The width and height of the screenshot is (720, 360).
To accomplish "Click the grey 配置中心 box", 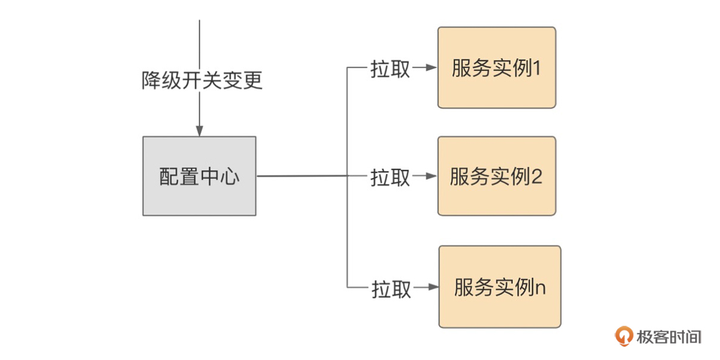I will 199,176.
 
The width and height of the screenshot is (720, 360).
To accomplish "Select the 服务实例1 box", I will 497,68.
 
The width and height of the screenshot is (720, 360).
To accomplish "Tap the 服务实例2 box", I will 497,176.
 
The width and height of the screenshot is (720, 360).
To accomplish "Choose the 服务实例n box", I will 500,287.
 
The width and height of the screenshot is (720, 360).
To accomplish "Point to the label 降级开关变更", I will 202,80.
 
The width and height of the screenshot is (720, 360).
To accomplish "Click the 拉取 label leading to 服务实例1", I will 391,69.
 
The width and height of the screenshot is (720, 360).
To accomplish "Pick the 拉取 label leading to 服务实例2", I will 391,177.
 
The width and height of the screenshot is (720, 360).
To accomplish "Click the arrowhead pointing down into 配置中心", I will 199,131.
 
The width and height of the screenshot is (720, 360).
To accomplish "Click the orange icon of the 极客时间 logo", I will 625,336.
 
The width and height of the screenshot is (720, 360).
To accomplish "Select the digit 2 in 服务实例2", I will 538,177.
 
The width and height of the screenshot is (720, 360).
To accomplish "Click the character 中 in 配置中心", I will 209,177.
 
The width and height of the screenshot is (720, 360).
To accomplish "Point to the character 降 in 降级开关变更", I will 151,80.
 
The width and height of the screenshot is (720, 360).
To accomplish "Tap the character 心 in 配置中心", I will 230,177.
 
